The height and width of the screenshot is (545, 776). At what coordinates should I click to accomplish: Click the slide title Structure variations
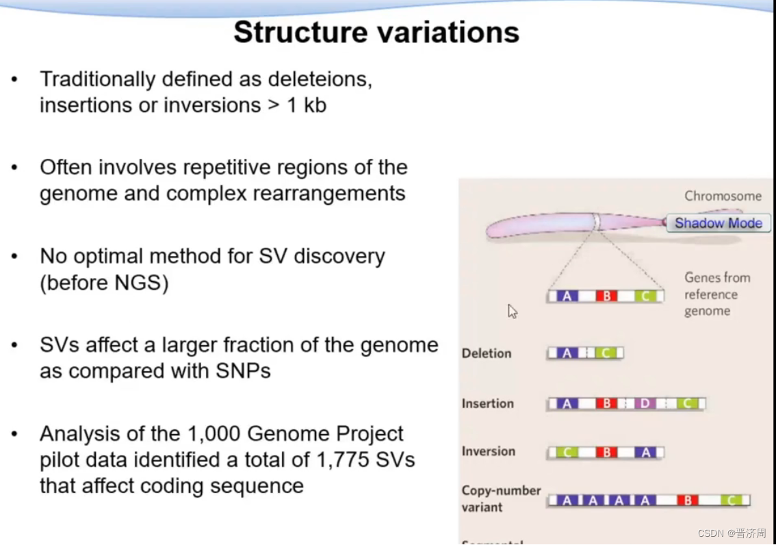point(376,32)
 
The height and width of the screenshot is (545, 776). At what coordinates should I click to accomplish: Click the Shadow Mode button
point(718,223)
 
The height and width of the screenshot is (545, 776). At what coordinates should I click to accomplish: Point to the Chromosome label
point(723,196)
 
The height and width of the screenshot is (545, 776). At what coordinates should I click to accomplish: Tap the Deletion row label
point(487,353)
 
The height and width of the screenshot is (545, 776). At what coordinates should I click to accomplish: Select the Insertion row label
point(487,403)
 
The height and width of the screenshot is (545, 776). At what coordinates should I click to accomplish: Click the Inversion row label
point(488,451)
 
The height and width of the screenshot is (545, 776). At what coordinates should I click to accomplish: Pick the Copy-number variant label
point(501,498)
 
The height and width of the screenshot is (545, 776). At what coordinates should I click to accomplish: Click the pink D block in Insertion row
point(645,404)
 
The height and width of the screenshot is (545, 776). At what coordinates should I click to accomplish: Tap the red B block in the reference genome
point(606,296)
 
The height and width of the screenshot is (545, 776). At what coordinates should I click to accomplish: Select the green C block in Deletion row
point(606,353)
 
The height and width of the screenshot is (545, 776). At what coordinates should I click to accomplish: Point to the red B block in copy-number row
point(687,500)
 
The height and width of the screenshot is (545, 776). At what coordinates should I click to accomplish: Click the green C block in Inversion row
point(567,452)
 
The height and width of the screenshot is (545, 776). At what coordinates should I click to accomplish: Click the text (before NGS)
point(104,282)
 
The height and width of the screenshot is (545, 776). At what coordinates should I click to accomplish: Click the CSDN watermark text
point(732,533)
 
